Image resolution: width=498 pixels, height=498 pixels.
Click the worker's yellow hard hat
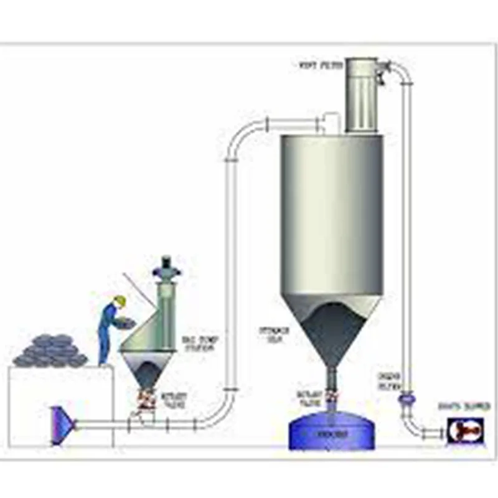pyautogui.click(x=120, y=301)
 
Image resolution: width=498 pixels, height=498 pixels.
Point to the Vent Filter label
pyautogui.click(x=317, y=63)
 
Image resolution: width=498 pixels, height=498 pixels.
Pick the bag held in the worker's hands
pyautogui.click(x=127, y=321)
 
